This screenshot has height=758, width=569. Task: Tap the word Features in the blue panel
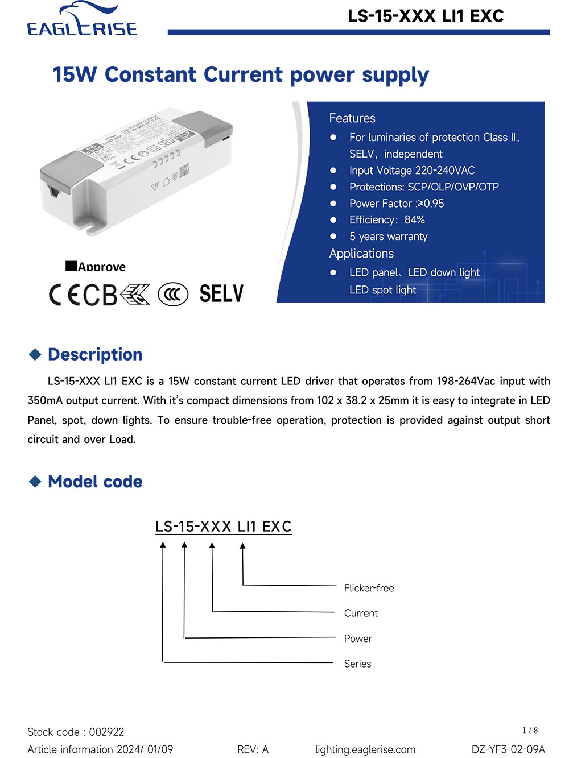click(x=352, y=118)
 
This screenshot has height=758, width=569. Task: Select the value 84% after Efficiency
click(x=415, y=220)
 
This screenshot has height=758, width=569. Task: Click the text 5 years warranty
click(x=388, y=237)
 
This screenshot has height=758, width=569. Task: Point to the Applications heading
click(x=361, y=254)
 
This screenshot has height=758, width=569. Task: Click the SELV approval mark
click(x=221, y=294)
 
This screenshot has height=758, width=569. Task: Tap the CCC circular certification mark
click(x=172, y=294)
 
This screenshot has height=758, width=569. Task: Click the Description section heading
click(x=95, y=354)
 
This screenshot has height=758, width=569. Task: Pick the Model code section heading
click(x=95, y=482)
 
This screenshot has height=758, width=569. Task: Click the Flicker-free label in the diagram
click(x=369, y=588)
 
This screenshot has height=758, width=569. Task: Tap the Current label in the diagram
click(x=361, y=613)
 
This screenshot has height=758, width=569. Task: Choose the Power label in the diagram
click(x=358, y=639)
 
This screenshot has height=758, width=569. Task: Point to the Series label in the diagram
click(x=357, y=664)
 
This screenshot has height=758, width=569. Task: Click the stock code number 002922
click(x=106, y=732)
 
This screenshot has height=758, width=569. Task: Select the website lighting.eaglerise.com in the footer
click(x=365, y=749)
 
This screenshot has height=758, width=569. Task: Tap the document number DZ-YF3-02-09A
click(x=508, y=749)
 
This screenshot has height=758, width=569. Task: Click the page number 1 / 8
click(x=530, y=730)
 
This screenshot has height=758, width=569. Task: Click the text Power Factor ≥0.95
click(x=397, y=204)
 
